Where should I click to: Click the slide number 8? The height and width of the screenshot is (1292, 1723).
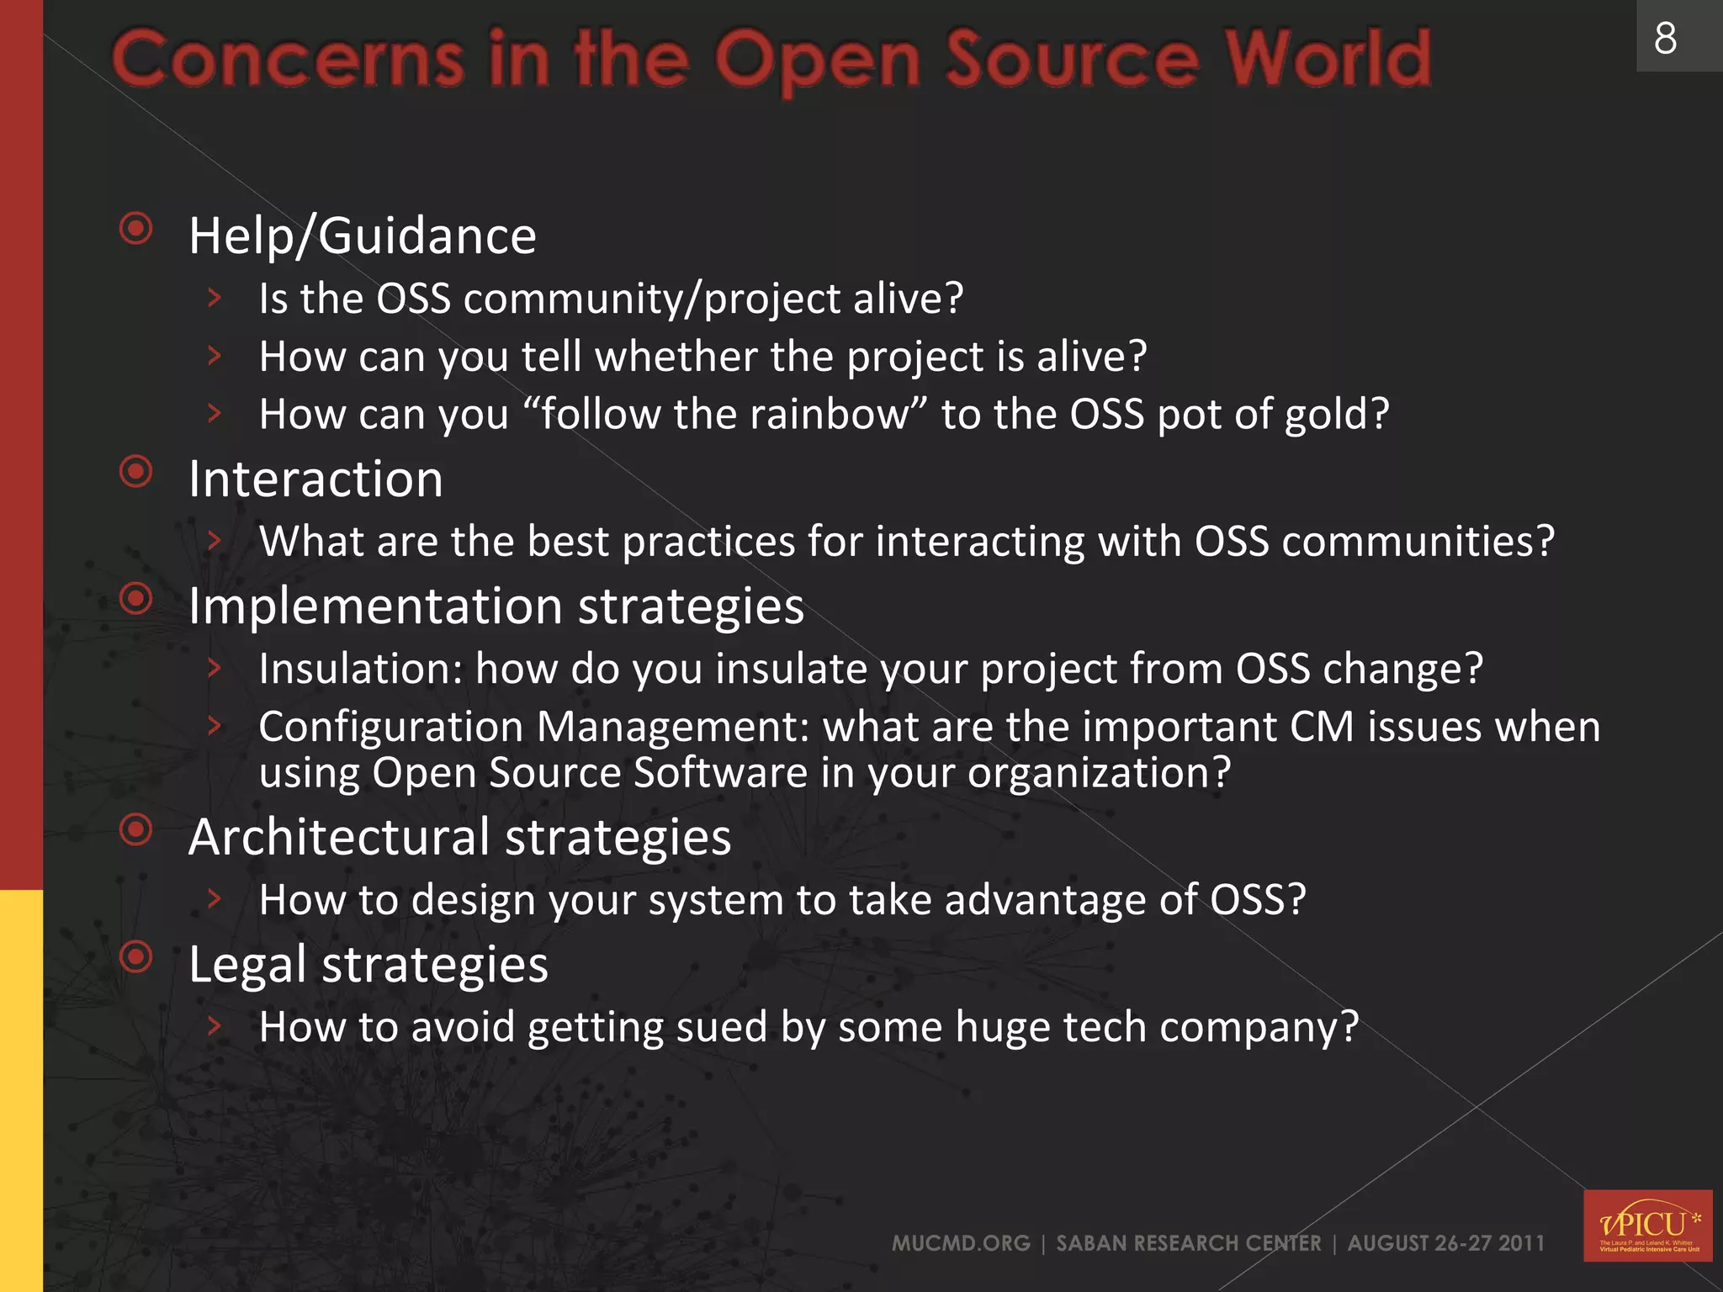coord(1665,39)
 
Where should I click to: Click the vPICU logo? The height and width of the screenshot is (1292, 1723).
coord(1647,1226)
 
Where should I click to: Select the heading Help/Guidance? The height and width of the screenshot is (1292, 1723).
coord(362,236)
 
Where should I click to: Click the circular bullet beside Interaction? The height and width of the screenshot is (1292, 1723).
coord(136,472)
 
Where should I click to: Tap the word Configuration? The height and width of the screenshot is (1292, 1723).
coord(391,728)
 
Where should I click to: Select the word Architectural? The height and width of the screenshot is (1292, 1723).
coord(339,838)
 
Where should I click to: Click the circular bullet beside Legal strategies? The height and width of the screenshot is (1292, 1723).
coord(136,956)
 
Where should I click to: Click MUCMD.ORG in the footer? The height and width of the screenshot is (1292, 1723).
coord(961,1243)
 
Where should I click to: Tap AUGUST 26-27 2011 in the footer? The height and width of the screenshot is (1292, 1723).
coord(1445,1243)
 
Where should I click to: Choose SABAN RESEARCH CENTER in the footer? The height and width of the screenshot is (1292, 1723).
coord(1188,1243)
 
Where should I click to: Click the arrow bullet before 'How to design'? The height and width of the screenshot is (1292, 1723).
coord(215,899)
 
